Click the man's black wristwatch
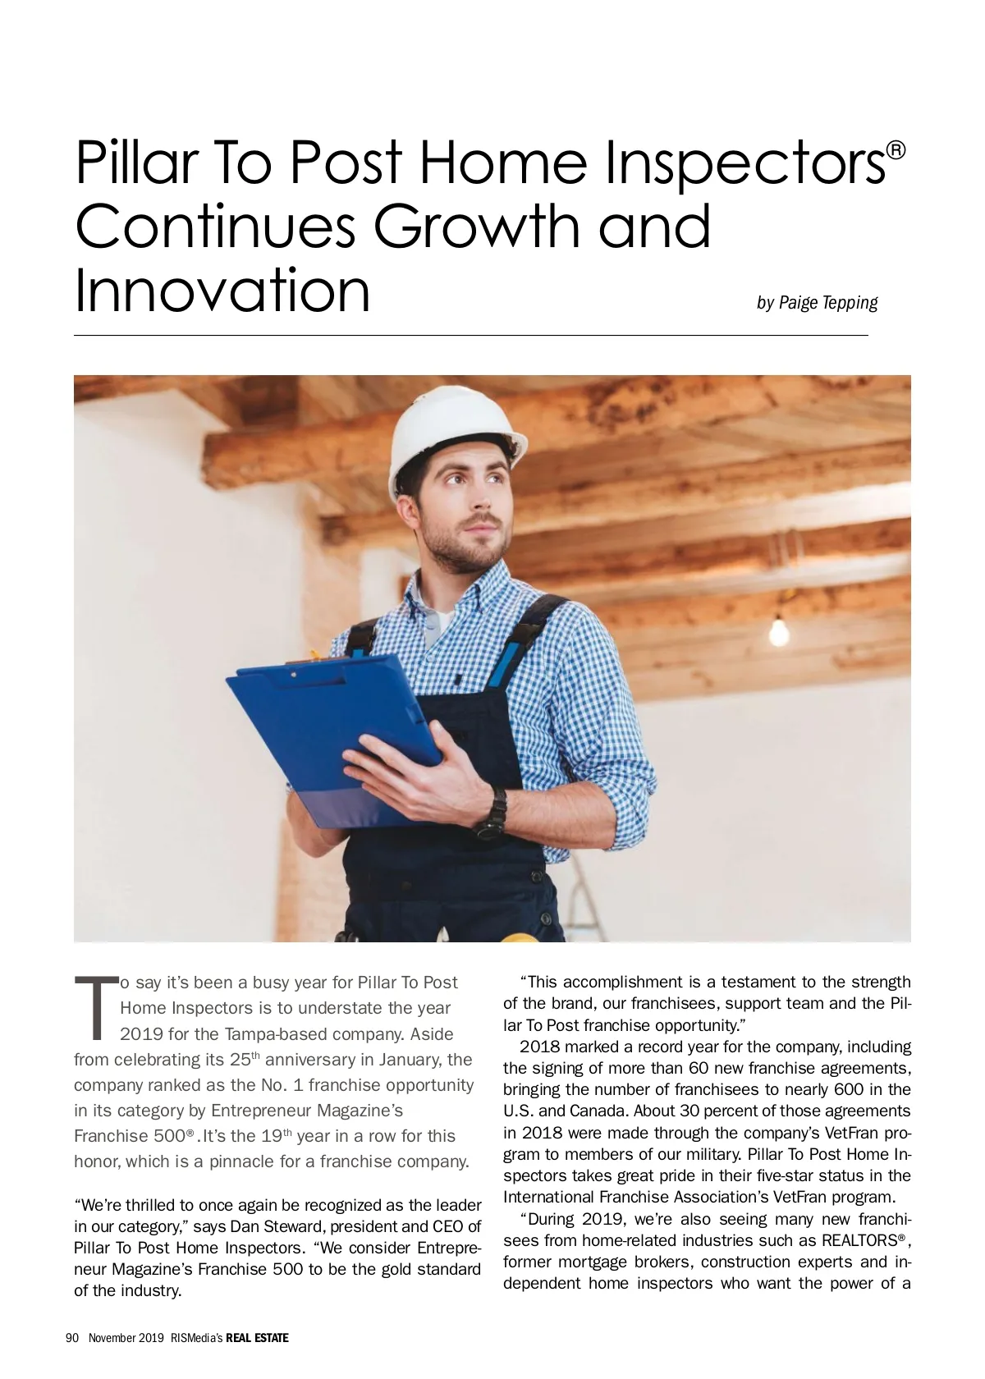pyautogui.click(x=495, y=812)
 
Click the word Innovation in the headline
pyautogui.click(x=222, y=291)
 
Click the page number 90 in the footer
pyautogui.click(x=71, y=1338)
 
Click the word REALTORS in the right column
pyautogui.click(x=859, y=1240)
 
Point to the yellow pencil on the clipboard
pyautogui.click(x=314, y=656)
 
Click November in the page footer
pyautogui.click(x=113, y=1338)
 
